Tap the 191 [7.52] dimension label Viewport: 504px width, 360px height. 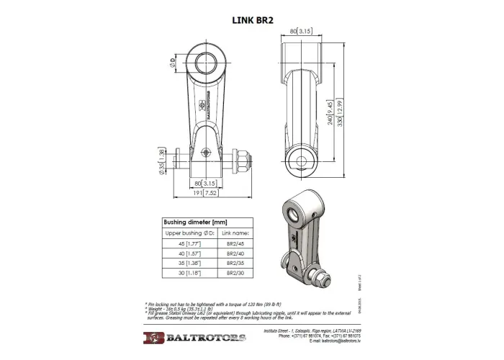point(207,192)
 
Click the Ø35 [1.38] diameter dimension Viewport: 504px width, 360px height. point(163,159)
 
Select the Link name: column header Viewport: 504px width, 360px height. point(235,234)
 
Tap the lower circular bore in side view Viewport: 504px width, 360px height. point(299,161)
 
